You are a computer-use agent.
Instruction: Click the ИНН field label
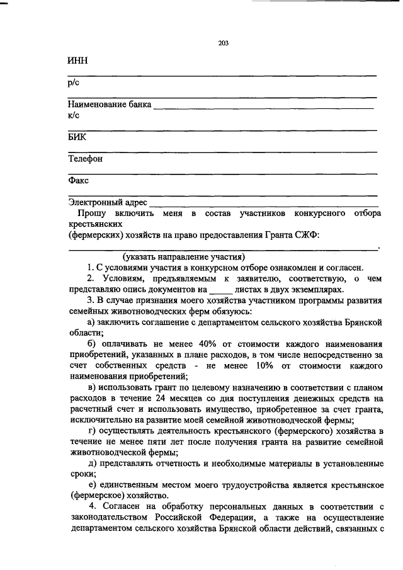pos(77,62)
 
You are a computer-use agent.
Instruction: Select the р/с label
pos(73,83)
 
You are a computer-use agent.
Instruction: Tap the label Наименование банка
pos(110,105)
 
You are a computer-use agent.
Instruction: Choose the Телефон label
pos(85,159)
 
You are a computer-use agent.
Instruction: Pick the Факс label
pos(79,181)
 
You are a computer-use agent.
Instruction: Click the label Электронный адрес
pos(108,203)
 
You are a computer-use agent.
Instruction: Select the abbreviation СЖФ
pos(308,235)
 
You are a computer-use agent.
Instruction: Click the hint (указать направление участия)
pos(184,257)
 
